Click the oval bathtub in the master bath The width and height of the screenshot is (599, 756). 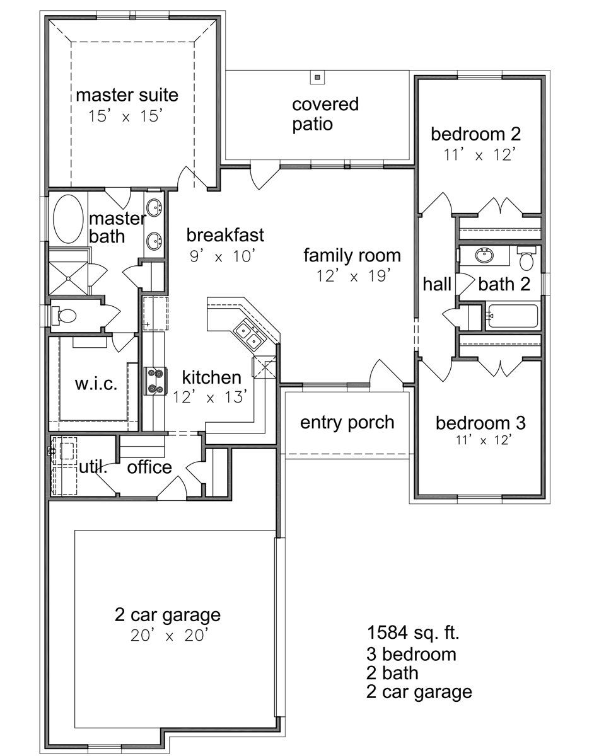pyautogui.click(x=68, y=219)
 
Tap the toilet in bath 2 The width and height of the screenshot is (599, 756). pyautogui.click(x=526, y=258)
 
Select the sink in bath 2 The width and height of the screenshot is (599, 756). pyautogui.click(x=484, y=255)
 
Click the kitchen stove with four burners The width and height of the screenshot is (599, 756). pyautogui.click(x=154, y=381)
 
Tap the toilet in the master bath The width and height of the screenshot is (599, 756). pyautogui.click(x=64, y=315)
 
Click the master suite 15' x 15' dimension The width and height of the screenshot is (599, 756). pyautogui.click(x=125, y=116)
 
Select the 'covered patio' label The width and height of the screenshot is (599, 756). pyautogui.click(x=325, y=114)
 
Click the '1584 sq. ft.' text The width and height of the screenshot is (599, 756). pyautogui.click(x=412, y=633)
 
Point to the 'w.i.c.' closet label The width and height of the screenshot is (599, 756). pyautogui.click(x=96, y=384)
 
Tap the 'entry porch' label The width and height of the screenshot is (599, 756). pyautogui.click(x=347, y=423)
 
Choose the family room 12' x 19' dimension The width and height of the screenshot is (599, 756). pyautogui.click(x=353, y=276)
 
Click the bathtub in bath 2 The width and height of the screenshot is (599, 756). pyautogui.click(x=513, y=316)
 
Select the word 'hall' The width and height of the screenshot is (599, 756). pyautogui.click(x=437, y=284)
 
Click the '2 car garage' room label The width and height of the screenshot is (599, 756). pyautogui.click(x=168, y=615)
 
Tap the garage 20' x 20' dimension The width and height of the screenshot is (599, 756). pyautogui.click(x=169, y=635)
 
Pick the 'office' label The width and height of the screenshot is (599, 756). pyautogui.click(x=149, y=467)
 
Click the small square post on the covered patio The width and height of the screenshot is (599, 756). pyautogui.click(x=317, y=77)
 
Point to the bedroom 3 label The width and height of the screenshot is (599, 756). pyautogui.click(x=480, y=423)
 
